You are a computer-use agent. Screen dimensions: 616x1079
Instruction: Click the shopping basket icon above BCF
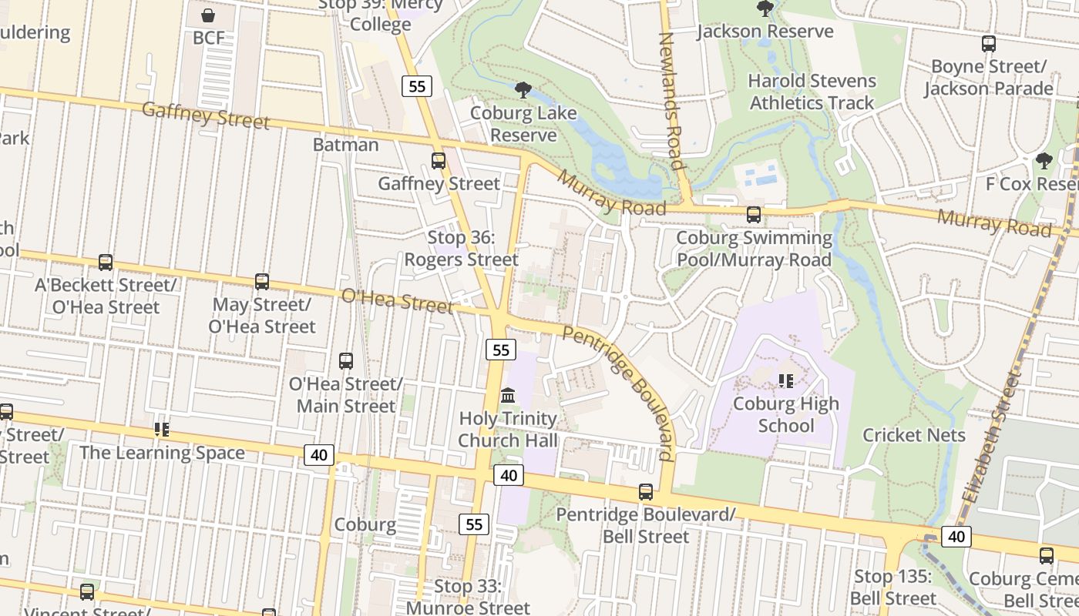pos(207,15)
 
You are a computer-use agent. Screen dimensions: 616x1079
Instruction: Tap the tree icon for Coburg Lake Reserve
pos(523,90)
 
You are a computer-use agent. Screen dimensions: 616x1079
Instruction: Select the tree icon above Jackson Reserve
pos(765,8)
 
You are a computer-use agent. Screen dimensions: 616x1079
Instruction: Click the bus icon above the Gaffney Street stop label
pos(439,161)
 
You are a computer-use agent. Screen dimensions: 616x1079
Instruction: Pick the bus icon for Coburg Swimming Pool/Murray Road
pos(754,215)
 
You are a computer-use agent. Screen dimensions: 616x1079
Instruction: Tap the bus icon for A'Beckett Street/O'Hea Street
pos(106,263)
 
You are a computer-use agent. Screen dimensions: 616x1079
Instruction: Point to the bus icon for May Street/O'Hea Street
pos(262,282)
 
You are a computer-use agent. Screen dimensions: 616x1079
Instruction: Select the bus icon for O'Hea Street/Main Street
pos(346,360)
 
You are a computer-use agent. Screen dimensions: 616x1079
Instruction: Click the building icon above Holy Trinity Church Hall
pos(508,396)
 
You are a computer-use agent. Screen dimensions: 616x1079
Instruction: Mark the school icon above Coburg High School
pos(786,381)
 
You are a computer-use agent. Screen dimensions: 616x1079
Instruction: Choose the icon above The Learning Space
pos(162,430)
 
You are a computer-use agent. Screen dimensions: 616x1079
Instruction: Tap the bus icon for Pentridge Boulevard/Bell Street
pos(646,492)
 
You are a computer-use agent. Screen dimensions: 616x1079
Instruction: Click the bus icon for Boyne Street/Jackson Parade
pos(989,44)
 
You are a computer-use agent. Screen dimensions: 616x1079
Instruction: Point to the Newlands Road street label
pos(671,100)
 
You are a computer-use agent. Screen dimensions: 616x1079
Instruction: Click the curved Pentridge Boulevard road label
pos(620,393)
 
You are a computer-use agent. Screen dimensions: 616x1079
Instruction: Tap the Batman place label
pos(346,145)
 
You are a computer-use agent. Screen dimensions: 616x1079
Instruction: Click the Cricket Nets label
pos(914,435)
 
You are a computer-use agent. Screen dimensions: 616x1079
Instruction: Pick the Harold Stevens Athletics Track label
pos(812,92)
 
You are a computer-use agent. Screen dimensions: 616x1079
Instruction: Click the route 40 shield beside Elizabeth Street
pos(956,537)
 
